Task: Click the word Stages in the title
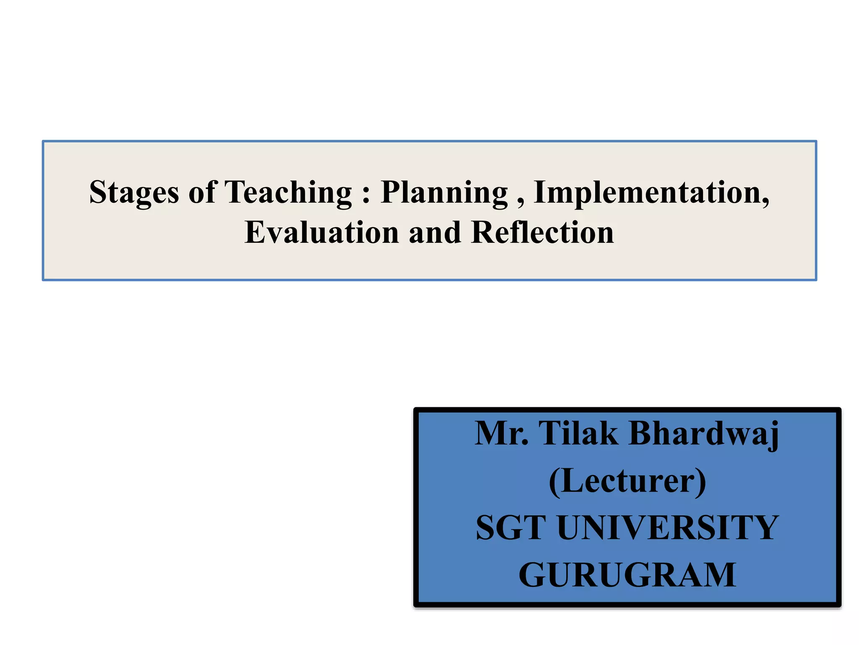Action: click(x=134, y=192)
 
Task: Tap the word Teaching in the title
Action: click(x=288, y=192)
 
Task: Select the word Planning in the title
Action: click(x=444, y=192)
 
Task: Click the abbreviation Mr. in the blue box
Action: click(x=502, y=433)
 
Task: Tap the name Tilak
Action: click(x=578, y=433)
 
